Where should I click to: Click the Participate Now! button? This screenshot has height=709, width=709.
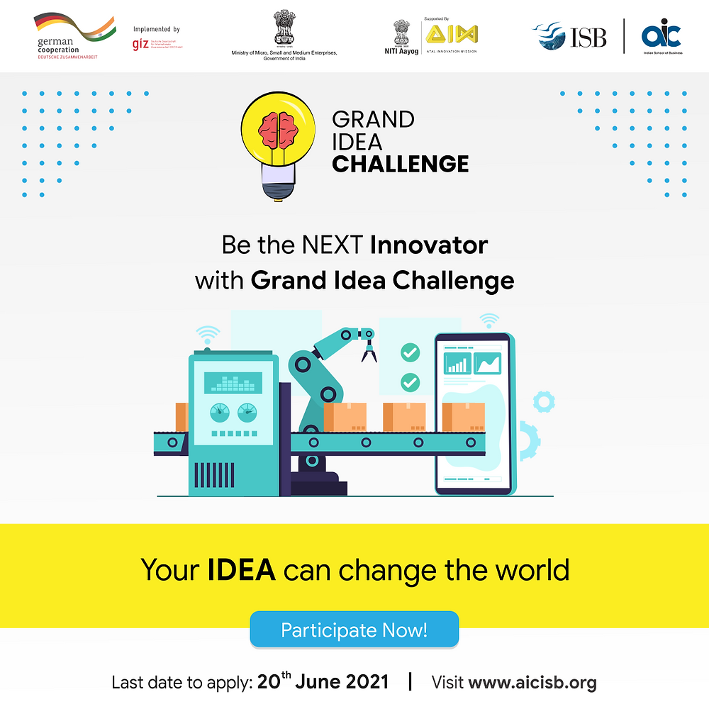354,630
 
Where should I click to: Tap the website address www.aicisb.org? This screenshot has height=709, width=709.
532,683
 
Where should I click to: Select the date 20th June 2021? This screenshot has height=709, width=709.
323,682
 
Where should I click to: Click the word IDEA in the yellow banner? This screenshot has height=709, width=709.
241,570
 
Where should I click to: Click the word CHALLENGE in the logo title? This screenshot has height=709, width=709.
400,164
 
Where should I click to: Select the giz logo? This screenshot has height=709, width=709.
140,44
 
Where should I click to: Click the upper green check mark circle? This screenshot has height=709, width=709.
410,352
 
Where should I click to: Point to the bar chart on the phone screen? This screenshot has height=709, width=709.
457,364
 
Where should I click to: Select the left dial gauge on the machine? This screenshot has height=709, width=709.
219,411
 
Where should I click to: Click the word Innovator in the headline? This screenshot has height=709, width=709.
429,245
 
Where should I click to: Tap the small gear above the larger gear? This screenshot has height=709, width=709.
544,402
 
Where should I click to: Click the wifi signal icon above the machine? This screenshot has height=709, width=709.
208,334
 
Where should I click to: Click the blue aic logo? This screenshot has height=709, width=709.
661,34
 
